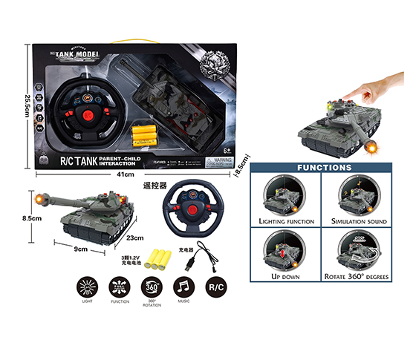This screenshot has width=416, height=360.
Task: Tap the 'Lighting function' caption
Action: point(286,221)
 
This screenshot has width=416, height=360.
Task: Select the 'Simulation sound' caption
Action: point(357,221)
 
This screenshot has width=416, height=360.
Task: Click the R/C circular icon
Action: point(215,287)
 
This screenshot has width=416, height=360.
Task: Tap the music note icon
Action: point(182,286)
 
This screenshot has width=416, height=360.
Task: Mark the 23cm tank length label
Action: point(134,238)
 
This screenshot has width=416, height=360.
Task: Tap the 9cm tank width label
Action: point(80,249)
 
